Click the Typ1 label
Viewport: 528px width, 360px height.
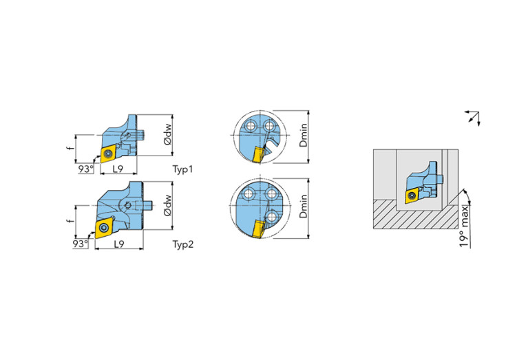click(x=183, y=169)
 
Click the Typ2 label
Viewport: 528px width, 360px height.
click(x=183, y=244)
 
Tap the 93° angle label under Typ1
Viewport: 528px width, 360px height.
click(x=86, y=169)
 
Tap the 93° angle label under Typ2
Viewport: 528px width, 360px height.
click(x=81, y=244)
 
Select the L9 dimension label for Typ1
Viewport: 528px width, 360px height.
click(x=118, y=169)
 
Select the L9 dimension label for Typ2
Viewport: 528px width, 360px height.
click(x=119, y=244)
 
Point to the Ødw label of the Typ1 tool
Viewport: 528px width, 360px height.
click(x=167, y=135)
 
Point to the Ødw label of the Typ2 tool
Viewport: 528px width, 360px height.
click(x=167, y=205)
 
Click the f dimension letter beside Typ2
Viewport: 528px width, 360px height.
click(x=70, y=220)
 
